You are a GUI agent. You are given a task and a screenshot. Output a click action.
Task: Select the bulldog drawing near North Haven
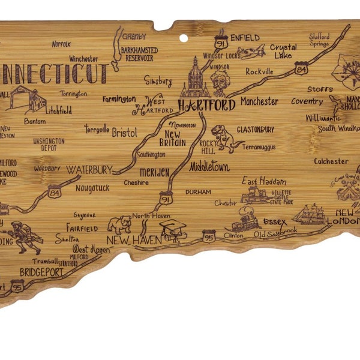coord(119,224)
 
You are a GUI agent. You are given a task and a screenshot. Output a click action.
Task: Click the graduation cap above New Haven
coord(173,227)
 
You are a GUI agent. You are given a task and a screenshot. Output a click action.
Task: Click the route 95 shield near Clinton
coord(208,236)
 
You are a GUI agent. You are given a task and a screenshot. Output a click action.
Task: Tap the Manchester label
coord(259,101)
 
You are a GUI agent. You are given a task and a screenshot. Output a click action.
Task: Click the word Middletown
coord(209,167)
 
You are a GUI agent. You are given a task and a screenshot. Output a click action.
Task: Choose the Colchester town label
coord(331,161)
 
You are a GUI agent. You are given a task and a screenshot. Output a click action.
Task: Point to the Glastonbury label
coord(255,129)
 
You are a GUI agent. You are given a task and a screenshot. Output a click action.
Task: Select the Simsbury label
coord(158,80)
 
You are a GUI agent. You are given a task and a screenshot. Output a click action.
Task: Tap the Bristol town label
coord(124,133)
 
